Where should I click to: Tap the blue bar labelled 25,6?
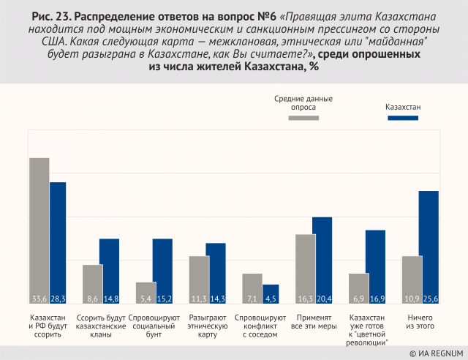coord(428,247)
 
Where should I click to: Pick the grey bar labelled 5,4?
coord(146,293)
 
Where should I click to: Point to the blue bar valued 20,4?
coord(322,260)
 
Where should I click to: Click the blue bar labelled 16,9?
coord(375,267)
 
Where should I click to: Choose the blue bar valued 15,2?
coord(162,271)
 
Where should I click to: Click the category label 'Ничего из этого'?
coord(419,323)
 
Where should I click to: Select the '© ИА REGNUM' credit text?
coord(433,352)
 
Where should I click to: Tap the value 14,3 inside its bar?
coord(216,299)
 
